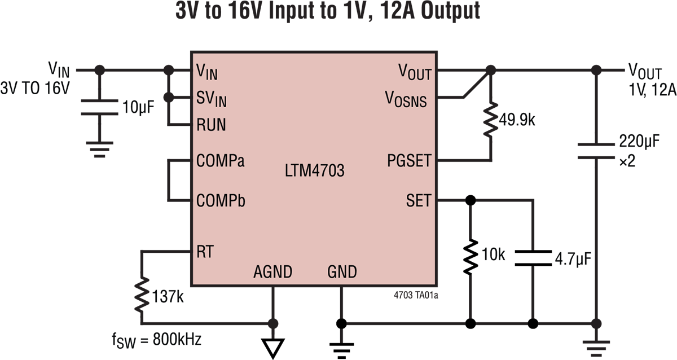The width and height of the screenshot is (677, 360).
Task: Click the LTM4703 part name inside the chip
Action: click(x=314, y=171)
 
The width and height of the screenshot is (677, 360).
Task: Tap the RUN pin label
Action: click(x=211, y=125)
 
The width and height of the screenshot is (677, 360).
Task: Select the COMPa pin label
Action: click(x=221, y=161)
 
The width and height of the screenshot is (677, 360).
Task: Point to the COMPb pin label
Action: click(x=221, y=200)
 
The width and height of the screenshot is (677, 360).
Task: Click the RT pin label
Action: click(x=205, y=251)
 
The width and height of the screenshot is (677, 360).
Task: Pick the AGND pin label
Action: click(x=272, y=272)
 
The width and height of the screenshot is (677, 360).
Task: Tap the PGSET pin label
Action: click(x=409, y=161)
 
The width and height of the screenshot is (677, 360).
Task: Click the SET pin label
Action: click(x=418, y=200)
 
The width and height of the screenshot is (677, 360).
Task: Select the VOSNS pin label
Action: click(x=406, y=100)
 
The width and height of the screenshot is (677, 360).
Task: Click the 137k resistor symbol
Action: click(x=141, y=294)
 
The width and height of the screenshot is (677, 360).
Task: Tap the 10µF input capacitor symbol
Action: click(x=99, y=107)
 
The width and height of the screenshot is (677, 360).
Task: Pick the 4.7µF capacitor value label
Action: click(x=573, y=259)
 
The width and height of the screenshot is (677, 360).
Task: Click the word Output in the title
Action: click(x=445, y=11)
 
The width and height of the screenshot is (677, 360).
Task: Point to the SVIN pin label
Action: click(x=211, y=99)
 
